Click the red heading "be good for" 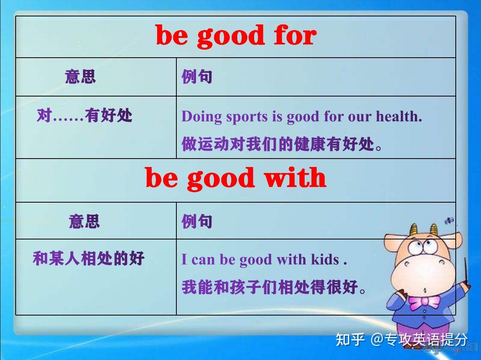[x=236, y=36]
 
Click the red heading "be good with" [x=236, y=178]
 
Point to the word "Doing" [x=202, y=117]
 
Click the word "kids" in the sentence [x=325, y=259]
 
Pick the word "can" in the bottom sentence [x=204, y=259]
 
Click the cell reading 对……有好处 [x=84, y=116]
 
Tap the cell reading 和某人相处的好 [x=88, y=259]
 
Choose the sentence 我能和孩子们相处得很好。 [x=274, y=287]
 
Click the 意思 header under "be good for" [x=80, y=76]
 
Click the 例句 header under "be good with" [x=196, y=221]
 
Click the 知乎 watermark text [x=350, y=340]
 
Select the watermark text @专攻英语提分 [x=419, y=340]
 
